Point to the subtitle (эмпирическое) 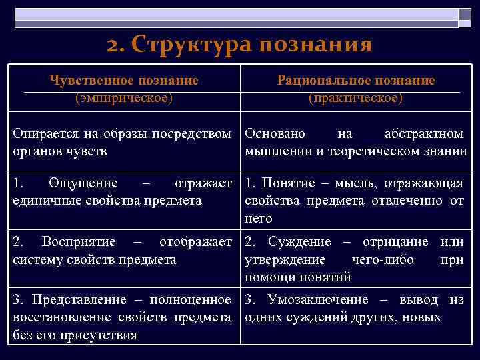(x=123, y=98)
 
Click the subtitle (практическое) (x=355, y=98)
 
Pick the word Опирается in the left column (x=44, y=134)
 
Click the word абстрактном (x=424, y=134)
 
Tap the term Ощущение (x=83, y=183)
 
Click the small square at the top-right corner (x=465, y=14)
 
